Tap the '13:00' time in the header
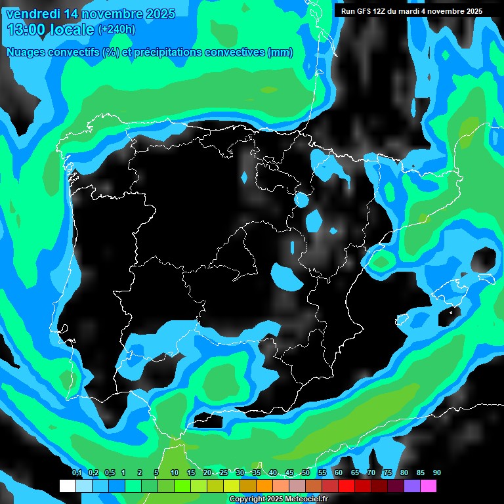click(27, 30)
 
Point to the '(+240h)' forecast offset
click(116, 30)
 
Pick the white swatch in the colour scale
click(68, 486)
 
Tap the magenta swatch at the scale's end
click(429, 486)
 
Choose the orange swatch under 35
click(264, 486)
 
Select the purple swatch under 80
click(412, 486)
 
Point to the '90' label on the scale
click(436, 473)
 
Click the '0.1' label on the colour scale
click(77, 473)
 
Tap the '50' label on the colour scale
click(306, 473)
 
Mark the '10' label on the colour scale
click(175, 473)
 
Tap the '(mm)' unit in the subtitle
click(281, 52)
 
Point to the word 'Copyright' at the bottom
click(246, 499)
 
